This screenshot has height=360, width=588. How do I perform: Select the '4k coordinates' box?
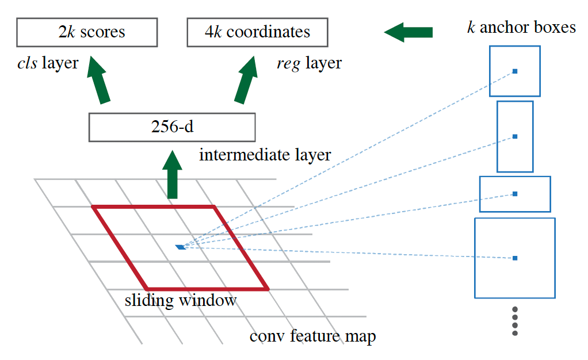[x=257, y=32]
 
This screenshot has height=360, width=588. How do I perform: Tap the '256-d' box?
[x=171, y=127]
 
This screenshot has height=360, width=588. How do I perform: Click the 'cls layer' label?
[x=48, y=63]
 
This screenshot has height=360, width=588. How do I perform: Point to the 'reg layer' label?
[x=309, y=63]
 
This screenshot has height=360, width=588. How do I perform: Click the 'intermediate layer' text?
[x=265, y=155]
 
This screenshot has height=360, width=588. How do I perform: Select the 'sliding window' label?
[x=180, y=301]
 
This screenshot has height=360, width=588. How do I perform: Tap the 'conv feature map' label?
[x=313, y=336]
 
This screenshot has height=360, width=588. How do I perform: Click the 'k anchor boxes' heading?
[x=521, y=28]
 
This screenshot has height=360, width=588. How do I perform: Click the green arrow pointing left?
[x=408, y=32]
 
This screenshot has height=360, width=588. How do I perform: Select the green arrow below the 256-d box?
[x=171, y=175]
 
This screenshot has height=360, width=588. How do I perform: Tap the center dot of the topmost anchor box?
[x=515, y=71]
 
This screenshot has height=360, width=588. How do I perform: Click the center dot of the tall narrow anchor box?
[x=515, y=136]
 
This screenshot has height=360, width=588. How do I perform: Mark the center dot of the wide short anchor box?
[x=515, y=194]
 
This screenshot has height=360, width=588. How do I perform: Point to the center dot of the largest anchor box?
[x=515, y=258]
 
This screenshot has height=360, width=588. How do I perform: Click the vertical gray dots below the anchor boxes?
[x=515, y=321]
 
